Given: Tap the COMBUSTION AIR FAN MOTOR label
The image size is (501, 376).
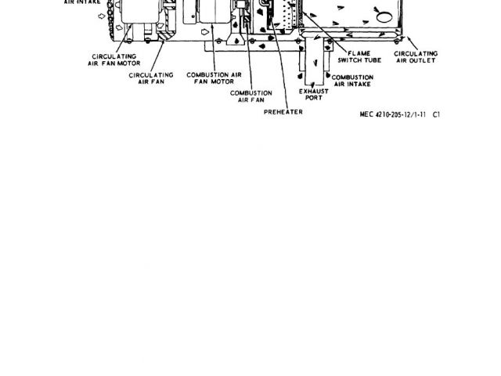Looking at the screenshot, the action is click(214, 78).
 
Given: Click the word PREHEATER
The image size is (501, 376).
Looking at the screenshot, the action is click(283, 112).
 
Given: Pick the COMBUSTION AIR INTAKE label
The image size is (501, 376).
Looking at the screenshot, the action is click(352, 81).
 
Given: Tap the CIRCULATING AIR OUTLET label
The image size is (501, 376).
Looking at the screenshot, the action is click(417, 56).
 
